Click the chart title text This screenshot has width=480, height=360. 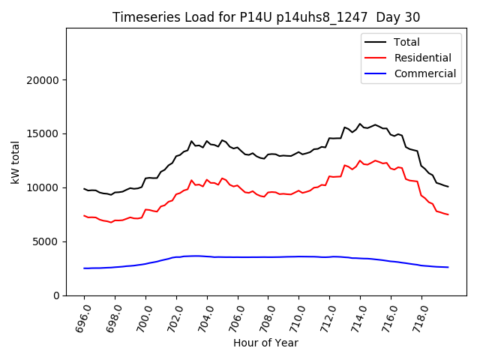pyautogui.click(x=266, y=17)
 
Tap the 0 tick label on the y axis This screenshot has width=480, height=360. pyautogui.click(x=56, y=295)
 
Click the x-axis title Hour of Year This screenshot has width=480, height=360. pyautogui.click(x=265, y=343)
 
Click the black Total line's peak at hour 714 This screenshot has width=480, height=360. pyautogui.click(x=360, y=124)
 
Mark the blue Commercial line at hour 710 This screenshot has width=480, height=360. pyautogui.click(x=299, y=256)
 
